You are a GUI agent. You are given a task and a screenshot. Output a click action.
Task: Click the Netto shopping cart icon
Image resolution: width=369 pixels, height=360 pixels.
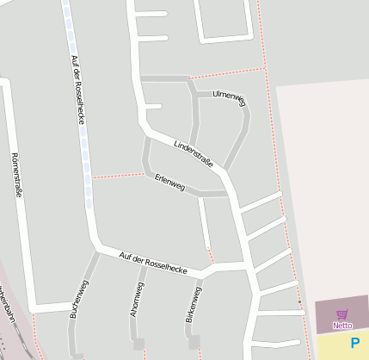(x=342, y=314)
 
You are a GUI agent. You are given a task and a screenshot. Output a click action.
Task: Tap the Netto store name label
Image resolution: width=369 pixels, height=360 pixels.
(x=342, y=326)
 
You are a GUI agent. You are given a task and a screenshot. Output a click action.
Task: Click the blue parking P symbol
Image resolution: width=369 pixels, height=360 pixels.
(x=355, y=344)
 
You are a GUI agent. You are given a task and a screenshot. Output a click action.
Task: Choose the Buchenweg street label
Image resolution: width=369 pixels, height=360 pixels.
(x=77, y=300)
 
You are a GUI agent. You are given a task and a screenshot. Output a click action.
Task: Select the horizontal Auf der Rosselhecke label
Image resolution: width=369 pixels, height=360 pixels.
(x=153, y=261)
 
